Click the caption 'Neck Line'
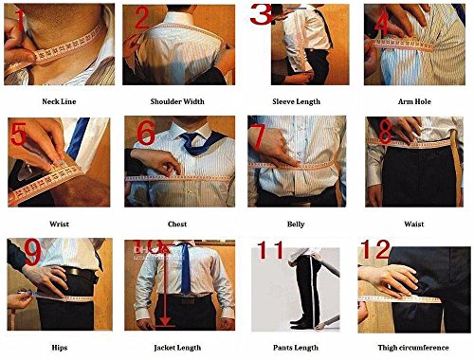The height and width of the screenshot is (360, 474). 59,101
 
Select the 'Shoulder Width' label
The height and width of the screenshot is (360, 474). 177,101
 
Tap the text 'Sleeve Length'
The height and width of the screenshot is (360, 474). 296,101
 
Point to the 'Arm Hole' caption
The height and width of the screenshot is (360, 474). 414,101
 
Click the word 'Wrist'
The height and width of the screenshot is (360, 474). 59,224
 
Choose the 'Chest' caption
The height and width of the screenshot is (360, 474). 177,224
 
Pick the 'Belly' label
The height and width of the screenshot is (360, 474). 296,225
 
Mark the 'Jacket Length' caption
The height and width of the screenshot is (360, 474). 177,348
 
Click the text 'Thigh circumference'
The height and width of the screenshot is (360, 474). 413,348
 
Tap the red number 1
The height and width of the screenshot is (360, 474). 19,20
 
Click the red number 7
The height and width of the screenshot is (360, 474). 257,136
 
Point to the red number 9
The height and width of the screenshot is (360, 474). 32,252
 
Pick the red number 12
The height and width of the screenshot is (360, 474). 375,249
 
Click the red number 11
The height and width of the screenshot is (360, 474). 270,250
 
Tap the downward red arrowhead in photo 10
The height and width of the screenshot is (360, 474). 165,321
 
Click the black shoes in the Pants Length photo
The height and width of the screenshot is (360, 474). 302,323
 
